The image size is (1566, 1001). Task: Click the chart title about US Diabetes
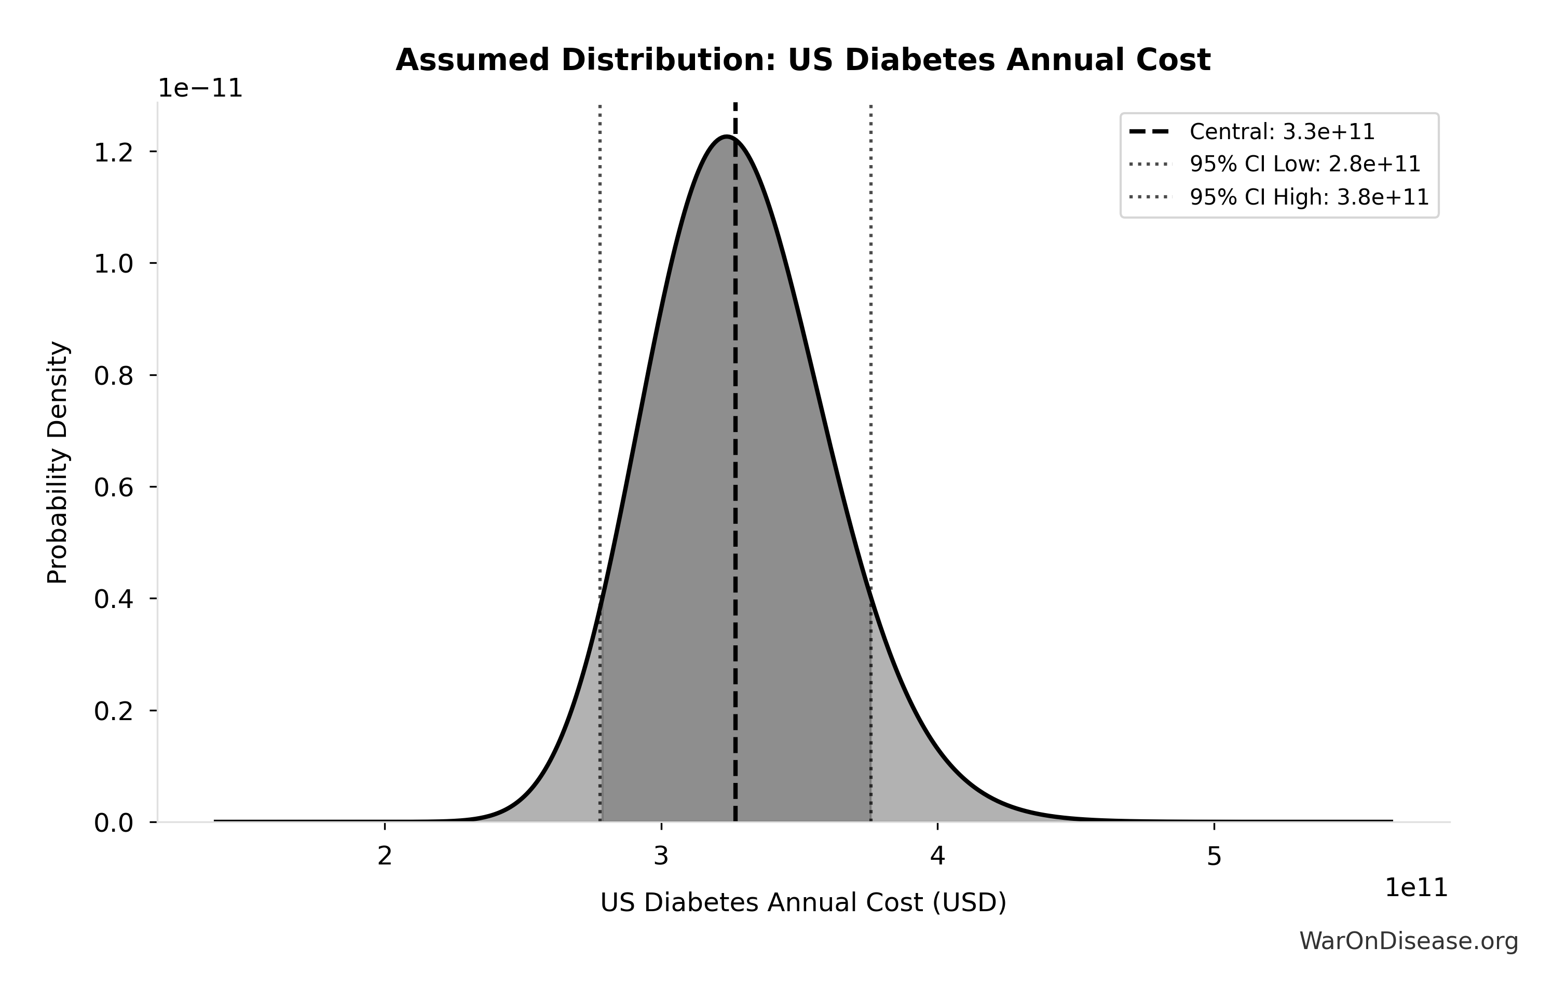pyautogui.click(x=802, y=61)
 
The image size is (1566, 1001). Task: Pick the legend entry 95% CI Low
pyautogui.click(x=1304, y=164)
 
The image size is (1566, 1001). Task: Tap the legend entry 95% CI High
pyautogui.click(x=1309, y=196)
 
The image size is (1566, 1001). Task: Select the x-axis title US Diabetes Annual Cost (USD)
pyautogui.click(x=802, y=903)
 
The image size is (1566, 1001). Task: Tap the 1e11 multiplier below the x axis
pyautogui.click(x=1416, y=888)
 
